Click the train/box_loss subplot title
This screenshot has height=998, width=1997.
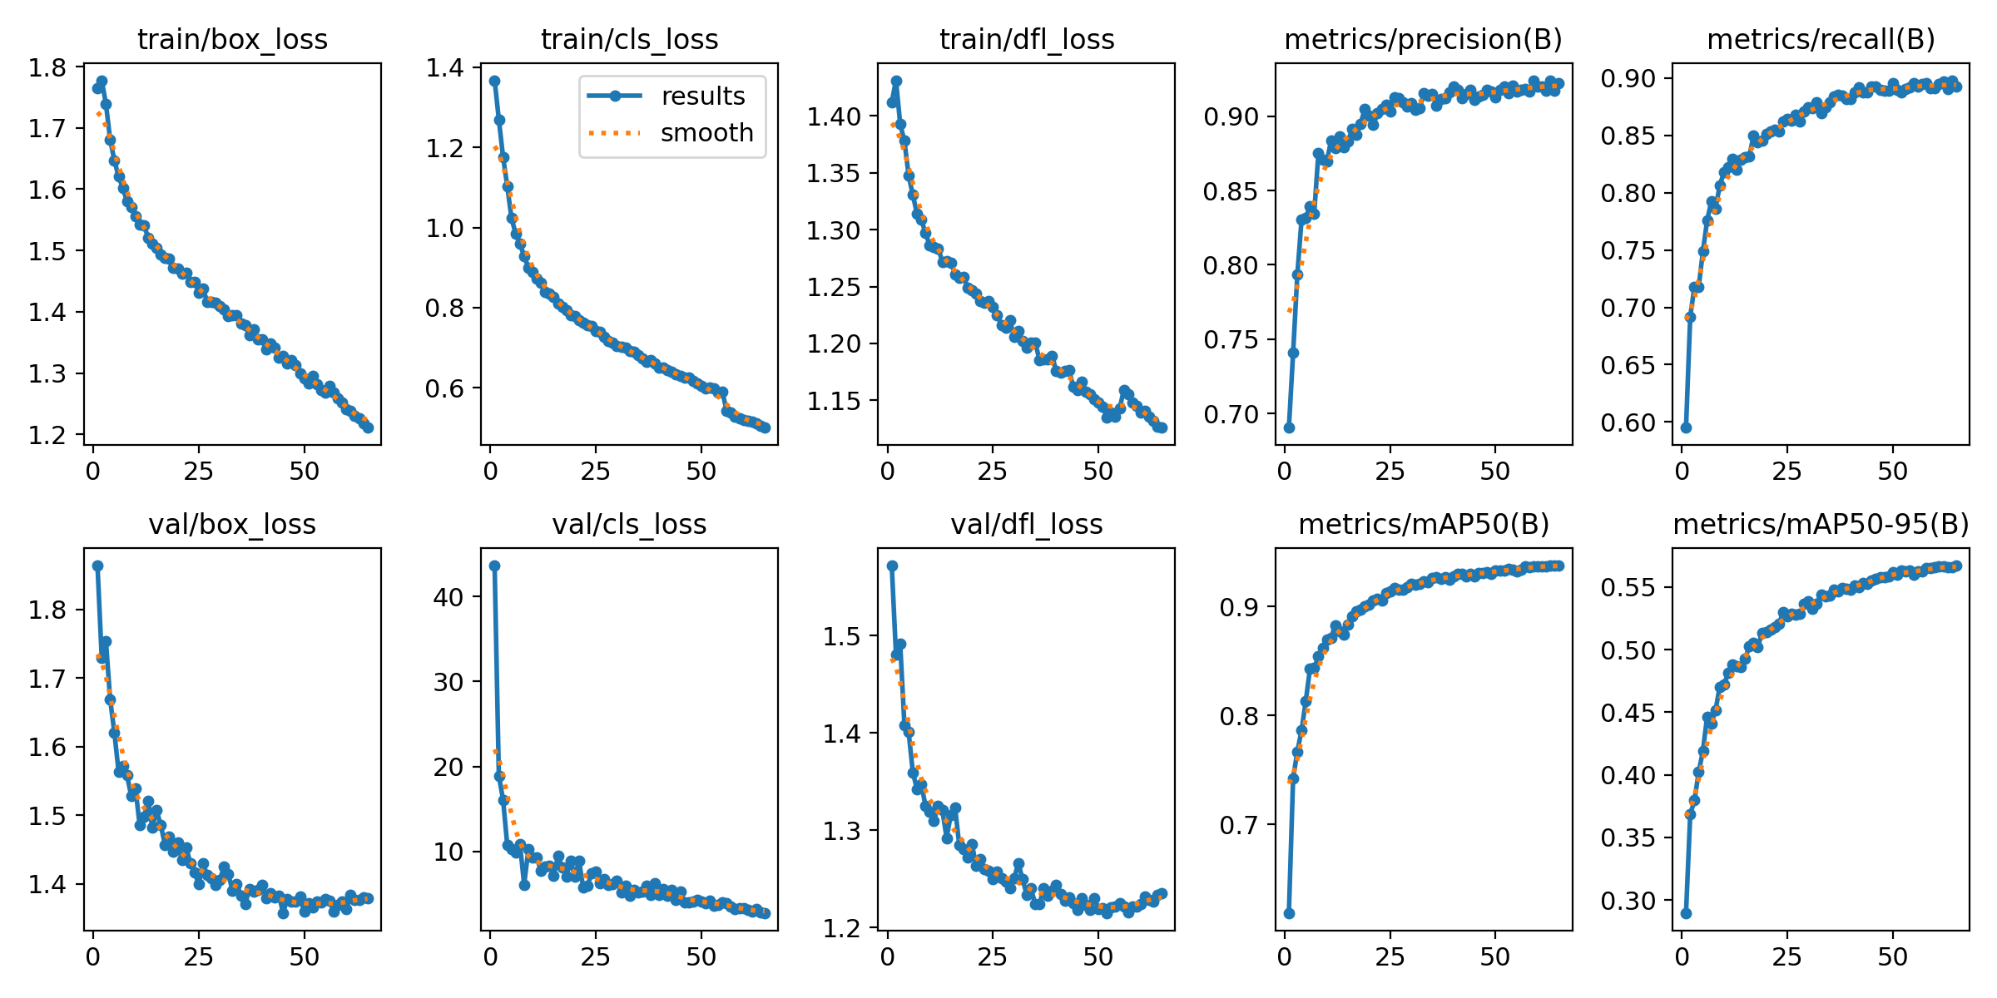pyautogui.click(x=232, y=39)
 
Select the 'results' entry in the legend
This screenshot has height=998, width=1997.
pyautogui.click(x=703, y=96)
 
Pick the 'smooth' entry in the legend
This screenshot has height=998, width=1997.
pyautogui.click(x=706, y=133)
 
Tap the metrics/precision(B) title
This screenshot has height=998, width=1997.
pyautogui.click(x=1424, y=39)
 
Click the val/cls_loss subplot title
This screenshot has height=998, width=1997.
pyautogui.click(x=629, y=524)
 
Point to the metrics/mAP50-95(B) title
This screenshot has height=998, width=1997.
pyautogui.click(x=1821, y=524)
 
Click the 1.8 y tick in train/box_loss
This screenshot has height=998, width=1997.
pyautogui.click(x=47, y=67)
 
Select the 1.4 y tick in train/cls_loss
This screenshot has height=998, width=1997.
pyautogui.click(x=445, y=68)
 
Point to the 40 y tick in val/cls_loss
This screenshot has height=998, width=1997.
pyautogui.click(x=449, y=597)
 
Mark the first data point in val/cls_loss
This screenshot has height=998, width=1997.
pyautogui.click(x=494, y=566)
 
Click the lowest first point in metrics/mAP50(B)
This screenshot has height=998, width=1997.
pyautogui.click(x=1289, y=913)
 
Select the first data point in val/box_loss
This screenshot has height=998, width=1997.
pyautogui.click(x=97, y=566)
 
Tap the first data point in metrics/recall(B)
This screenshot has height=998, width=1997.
pyautogui.click(x=1686, y=427)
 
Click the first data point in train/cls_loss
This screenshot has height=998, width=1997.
pyautogui.click(x=494, y=81)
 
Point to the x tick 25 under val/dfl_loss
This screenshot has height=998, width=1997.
pyautogui.click(x=993, y=957)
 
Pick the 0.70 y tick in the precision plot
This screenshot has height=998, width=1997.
pyautogui.click(x=1231, y=414)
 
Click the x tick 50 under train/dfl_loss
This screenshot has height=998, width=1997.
pyautogui.click(x=1098, y=472)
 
